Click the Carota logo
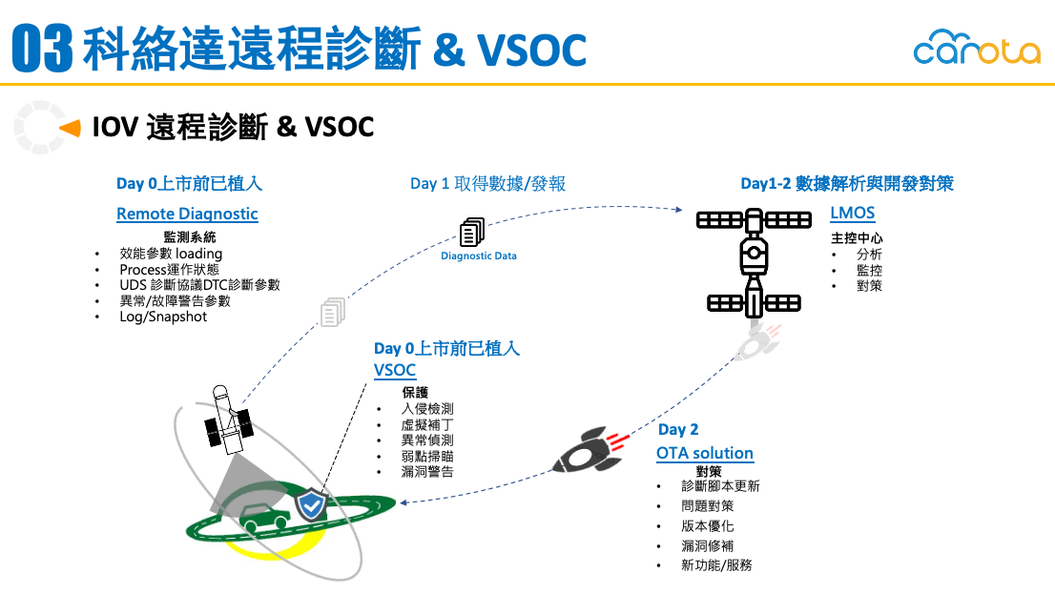pos(977,47)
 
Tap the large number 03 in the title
pos(42,48)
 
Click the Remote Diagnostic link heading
pos(187,214)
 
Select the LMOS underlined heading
pos(853,214)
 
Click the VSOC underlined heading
pos(395,370)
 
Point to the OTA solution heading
pos(705,453)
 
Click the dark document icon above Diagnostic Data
pos(472,232)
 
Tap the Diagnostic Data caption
pos(479,256)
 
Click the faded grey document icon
pos(333,312)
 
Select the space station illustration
pos(754,262)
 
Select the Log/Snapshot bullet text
pos(163,317)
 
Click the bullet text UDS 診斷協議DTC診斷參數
pos(199,285)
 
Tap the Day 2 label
pos(678,429)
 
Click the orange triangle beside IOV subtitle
pos(70,127)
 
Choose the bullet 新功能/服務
pos(716,565)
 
